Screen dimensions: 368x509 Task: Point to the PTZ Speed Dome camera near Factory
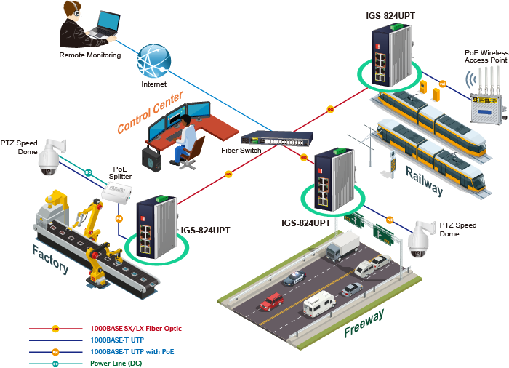(49, 158)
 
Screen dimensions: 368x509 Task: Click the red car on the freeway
(272, 300)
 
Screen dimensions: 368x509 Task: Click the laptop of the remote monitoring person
(103, 25)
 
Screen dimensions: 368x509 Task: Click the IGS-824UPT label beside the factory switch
(206, 230)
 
